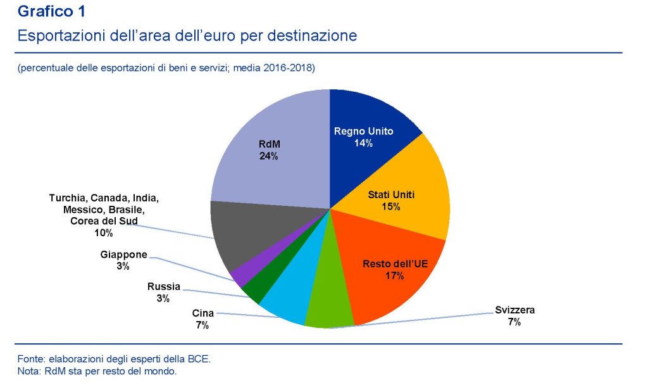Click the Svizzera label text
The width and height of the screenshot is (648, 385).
pyautogui.click(x=514, y=310)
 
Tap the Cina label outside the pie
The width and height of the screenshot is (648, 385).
pyautogui.click(x=202, y=313)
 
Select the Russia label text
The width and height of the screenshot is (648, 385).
pyautogui.click(x=163, y=286)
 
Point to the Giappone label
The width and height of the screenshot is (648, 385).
pyautogui.click(x=123, y=255)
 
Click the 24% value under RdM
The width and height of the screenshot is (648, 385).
pyautogui.click(x=268, y=156)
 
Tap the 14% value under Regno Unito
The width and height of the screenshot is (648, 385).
pyautogui.click(x=363, y=143)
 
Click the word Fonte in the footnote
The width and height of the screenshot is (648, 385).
pyautogui.click(x=31, y=359)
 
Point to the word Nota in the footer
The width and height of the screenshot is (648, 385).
pyautogui.click(x=28, y=371)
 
